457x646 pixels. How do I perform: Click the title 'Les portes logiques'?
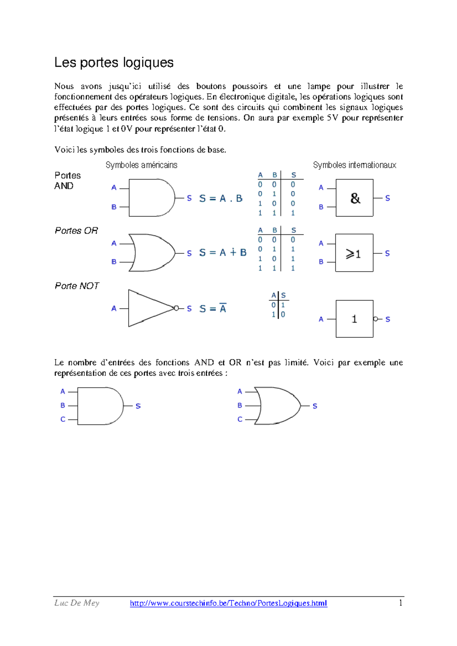(x=113, y=62)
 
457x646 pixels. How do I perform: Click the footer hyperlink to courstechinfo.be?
(x=228, y=603)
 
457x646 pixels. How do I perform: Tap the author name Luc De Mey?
(x=77, y=603)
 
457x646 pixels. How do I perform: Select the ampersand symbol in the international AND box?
(x=355, y=198)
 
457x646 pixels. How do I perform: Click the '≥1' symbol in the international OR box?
(x=353, y=254)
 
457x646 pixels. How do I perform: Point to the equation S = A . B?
(x=221, y=198)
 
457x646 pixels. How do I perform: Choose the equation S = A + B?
(x=223, y=253)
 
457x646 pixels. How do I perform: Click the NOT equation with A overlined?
(x=213, y=309)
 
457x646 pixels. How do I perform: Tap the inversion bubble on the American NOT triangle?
(x=176, y=308)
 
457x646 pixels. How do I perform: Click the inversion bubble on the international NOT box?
(x=376, y=319)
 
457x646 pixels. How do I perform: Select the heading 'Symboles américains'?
(x=141, y=165)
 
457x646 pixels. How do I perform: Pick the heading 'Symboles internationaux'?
(x=355, y=165)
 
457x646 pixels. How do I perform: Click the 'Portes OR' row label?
(x=76, y=231)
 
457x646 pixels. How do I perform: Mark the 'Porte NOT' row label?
(x=77, y=286)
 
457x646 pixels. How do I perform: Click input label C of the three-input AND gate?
(x=63, y=419)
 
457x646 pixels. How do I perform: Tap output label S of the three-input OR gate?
(x=315, y=406)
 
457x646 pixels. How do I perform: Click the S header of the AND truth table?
(x=294, y=175)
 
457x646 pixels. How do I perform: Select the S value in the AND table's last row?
(x=293, y=213)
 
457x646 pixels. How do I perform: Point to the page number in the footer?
(x=400, y=603)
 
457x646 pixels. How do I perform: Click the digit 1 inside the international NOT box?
(x=355, y=319)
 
